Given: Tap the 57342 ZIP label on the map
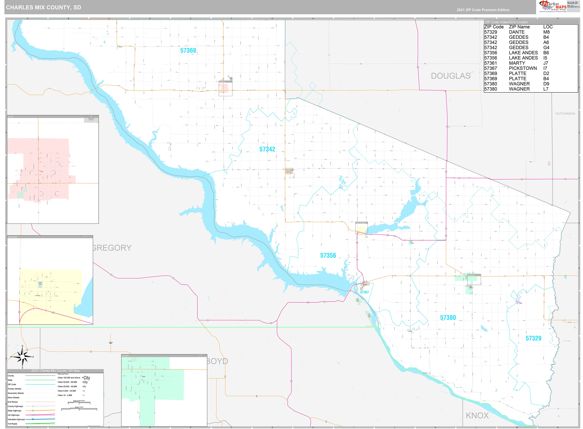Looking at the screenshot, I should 267,149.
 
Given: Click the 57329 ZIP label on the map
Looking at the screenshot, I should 533,338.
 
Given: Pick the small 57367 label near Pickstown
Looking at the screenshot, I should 364,292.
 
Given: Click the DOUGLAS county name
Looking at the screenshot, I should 450,76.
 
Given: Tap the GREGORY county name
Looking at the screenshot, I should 112,248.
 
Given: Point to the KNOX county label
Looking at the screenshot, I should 477,415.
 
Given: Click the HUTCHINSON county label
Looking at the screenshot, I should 565,114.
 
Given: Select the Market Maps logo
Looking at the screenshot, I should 553,6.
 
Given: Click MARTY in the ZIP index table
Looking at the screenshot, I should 517,63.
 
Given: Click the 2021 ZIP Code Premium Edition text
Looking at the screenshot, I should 483,10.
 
